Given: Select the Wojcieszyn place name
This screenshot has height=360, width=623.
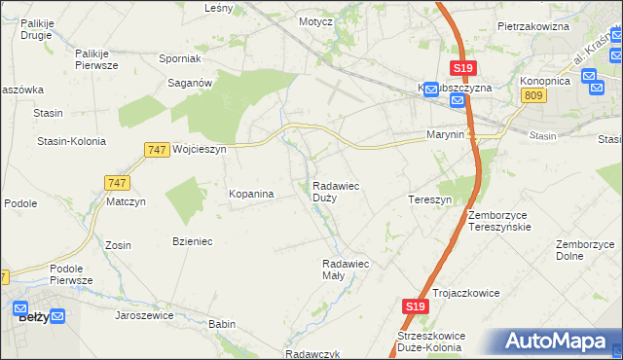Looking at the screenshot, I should (199, 150).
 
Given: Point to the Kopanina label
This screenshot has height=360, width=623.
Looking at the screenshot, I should (251, 194).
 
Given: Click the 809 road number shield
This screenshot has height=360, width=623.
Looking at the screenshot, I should (531, 94).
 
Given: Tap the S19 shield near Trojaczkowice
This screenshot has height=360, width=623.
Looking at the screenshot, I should (415, 306).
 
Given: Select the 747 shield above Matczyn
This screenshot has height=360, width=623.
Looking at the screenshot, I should (116, 182).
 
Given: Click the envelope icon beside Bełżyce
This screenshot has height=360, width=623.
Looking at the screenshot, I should (57, 315).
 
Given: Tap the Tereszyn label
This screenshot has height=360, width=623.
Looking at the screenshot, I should (429, 199).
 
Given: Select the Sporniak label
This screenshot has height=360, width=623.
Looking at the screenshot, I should (179, 58).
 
